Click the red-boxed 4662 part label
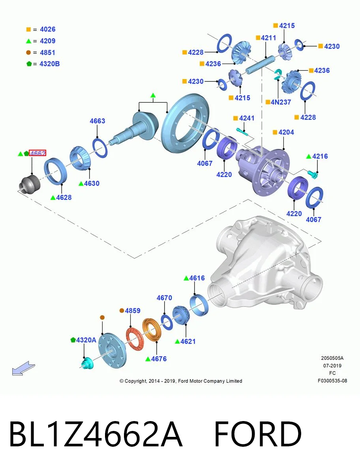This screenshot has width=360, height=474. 37,153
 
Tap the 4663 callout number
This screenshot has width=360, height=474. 97,121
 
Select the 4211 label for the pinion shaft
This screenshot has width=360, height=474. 268,38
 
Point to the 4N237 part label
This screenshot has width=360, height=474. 281,102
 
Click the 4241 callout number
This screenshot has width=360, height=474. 247,118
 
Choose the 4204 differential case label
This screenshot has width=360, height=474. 286,132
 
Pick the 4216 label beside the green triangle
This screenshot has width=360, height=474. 320,156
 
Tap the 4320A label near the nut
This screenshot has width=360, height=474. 86,340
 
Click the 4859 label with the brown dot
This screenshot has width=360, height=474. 133,310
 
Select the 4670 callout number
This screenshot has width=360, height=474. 164,298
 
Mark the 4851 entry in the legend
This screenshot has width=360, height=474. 47,53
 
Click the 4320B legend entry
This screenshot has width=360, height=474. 49,64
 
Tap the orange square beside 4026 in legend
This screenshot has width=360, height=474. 28,29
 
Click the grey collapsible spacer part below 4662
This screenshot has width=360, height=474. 29,184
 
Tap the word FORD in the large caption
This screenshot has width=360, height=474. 258,434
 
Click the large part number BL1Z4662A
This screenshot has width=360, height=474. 96,434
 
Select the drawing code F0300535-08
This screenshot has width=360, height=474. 332,381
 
